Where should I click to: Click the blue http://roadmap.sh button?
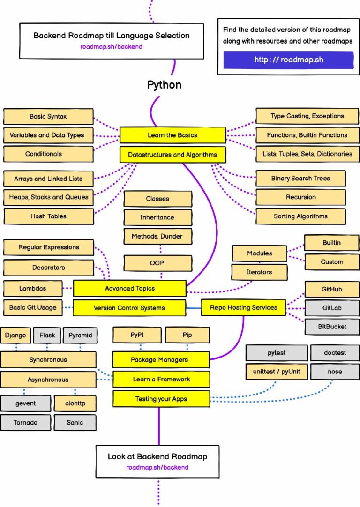coord(288,60)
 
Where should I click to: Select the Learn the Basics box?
coord(172,135)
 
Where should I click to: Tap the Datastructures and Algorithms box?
coord(172,154)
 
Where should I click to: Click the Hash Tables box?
coord(48,216)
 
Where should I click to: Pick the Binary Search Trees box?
coord(300,179)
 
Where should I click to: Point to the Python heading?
coord(164,85)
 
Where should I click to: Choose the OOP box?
coord(158,263)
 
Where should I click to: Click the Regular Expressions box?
coord(49,247)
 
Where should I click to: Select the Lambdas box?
coord(32,289)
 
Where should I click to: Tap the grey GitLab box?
coord(332,308)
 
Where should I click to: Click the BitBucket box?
coord(332,327)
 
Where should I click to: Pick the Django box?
coord(16,336)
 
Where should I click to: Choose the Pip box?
coord(187,336)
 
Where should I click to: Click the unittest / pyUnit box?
coord(276,372)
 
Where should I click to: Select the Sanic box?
coord(75,422)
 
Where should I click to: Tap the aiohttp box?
coord(75,403)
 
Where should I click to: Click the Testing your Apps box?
coord(161,399)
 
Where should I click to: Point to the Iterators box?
coord(259,272)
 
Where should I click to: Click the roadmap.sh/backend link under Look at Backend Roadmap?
coord(157,467)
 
